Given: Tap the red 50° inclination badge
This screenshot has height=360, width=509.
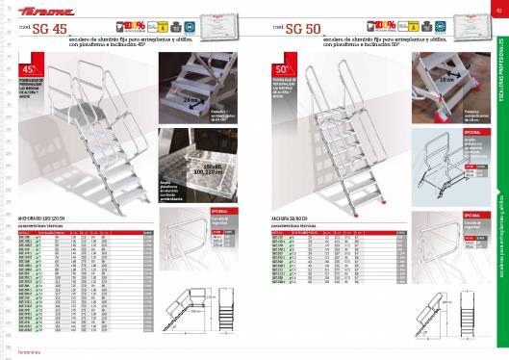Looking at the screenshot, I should pyautogui.click(x=283, y=69).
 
